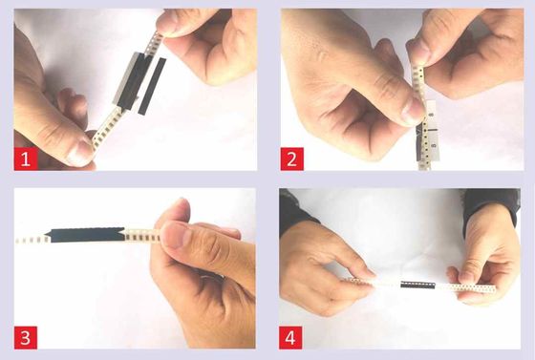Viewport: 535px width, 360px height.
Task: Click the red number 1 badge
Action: click(x=26, y=159)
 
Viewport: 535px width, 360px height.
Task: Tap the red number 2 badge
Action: click(x=292, y=159)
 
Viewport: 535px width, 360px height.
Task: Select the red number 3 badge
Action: click(x=26, y=338)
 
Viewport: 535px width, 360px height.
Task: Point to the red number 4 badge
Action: click(x=290, y=338)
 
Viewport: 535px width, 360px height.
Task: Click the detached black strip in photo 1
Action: click(x=152, y=86)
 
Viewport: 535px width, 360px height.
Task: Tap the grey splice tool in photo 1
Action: click(x=132, y=81)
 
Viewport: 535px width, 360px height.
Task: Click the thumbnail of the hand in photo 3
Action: click(x=175, y=234)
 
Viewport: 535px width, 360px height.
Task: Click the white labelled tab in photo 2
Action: click(x=432, y=130)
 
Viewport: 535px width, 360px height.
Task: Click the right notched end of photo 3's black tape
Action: click(x=124, y=235)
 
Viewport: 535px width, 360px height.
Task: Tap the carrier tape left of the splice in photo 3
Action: click(x=32, y=240)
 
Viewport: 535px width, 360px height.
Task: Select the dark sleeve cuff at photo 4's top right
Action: click(x=492, y=204)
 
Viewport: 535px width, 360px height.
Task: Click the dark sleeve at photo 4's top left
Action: click(x=293, y=211)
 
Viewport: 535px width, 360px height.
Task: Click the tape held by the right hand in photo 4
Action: click(x=466, y=288)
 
